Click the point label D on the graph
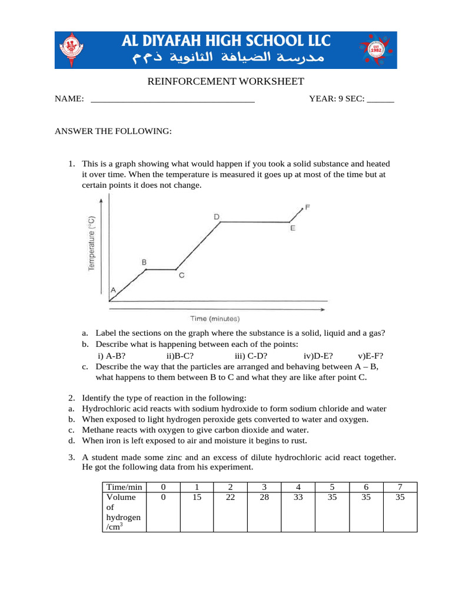(x=217, y=217)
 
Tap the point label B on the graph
(x=144, y=262)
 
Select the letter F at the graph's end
(x=307, y=207)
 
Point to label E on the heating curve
(x=293, y=228)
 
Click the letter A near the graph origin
(x=113, y=290)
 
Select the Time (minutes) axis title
(x=215, y=319)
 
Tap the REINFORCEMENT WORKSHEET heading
(x=225, y=81)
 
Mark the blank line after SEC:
(x=380, y=100)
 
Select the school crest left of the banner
(x=73, y=50)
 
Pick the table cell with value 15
(x=197, y=497)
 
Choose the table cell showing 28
(x=264, y=497)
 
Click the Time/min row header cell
(x=124, y=487)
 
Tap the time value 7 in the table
(x=400, y=487)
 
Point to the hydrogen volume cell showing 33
(x=298, y=497)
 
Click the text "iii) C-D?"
(x=251, y=356)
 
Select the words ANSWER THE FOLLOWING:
(x=113, y=131)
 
